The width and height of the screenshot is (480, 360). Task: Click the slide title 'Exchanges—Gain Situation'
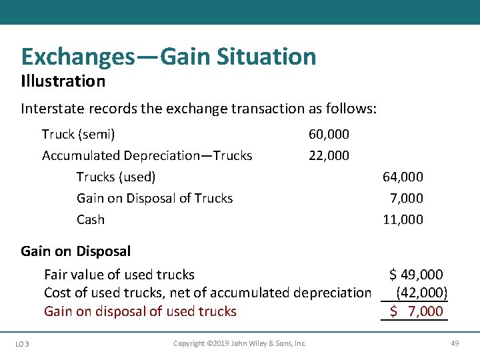point(169,57)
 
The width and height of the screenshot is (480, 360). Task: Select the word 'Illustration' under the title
point(63,81)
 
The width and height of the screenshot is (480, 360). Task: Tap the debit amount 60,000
point(329,134)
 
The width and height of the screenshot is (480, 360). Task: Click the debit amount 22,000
point(329,155)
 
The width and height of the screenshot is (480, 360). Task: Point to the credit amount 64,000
point(403,177)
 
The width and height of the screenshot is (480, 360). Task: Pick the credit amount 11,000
point(403,219)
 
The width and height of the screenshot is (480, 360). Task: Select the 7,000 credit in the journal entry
point(406,198)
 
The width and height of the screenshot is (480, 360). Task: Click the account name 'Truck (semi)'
point(78,134)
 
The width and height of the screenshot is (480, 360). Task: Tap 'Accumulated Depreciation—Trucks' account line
point(147,155)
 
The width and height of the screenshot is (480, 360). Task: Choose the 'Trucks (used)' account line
point(116,177)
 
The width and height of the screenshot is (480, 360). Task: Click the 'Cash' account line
point(91,219)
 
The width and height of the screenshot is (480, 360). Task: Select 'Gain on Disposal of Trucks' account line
point(155,198)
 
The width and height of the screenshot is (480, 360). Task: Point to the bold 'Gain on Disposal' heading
point(76,251)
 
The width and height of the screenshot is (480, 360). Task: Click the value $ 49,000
point(416,274)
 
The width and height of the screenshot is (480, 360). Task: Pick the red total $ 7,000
point(416,311)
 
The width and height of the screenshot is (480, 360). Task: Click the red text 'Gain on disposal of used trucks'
point(140,311)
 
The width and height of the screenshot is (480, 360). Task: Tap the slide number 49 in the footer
point(455,343)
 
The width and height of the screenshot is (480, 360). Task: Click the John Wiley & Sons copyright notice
point(239,343)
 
